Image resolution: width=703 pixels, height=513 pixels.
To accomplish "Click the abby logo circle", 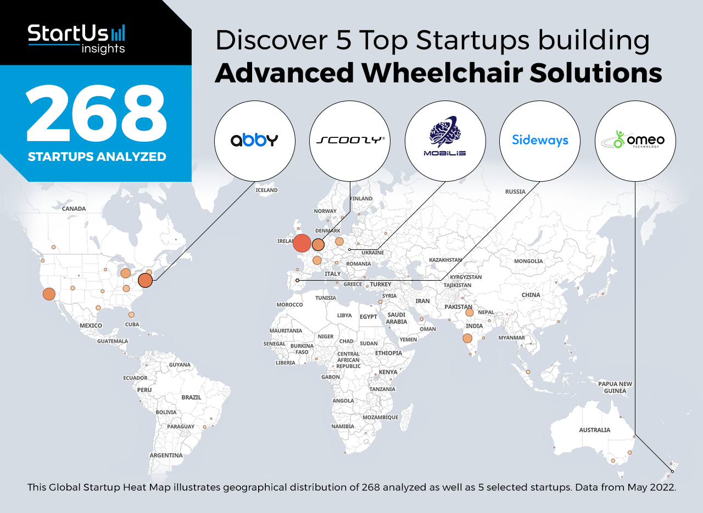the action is point(254,141).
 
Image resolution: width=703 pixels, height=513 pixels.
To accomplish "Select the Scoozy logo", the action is point(350,140).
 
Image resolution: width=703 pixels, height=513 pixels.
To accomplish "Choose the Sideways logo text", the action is point(540,140).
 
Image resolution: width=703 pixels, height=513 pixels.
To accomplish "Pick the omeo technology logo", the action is point(635,140).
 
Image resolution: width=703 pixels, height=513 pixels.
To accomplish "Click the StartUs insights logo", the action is point(76,39).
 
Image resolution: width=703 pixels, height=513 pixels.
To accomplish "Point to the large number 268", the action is point(96,114).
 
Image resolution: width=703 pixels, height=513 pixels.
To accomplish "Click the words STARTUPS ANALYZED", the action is point(97,157).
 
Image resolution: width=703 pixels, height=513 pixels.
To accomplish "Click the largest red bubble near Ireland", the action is point(302,243).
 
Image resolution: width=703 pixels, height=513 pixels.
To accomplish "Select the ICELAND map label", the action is point(266,190).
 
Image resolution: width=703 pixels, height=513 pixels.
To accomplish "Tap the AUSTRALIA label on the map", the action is point(594,430).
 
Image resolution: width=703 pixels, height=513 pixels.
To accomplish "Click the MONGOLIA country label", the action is point(528,261).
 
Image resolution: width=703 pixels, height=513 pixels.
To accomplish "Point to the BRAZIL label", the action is point(191,397).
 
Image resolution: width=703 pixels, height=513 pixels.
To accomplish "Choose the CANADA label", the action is point(74,209).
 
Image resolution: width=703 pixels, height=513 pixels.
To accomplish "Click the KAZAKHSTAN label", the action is point(445,260).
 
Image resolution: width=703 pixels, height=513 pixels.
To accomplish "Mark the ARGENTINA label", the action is point(166,455).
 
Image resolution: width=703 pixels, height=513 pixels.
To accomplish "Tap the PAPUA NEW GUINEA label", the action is point(615,387).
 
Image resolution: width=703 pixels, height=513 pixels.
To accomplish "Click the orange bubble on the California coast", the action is point(49,294).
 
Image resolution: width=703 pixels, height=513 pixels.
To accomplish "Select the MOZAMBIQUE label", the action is point(381,417).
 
